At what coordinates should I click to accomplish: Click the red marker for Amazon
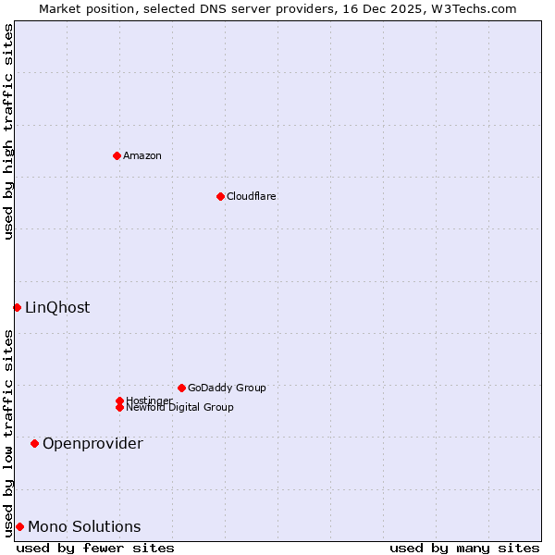coord(117,155)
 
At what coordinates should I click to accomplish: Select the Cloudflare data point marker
coord(220,196)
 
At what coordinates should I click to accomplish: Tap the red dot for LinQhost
coord(17,307)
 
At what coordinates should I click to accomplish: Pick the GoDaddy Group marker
coord(181,388)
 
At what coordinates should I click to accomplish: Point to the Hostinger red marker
coord(119,401)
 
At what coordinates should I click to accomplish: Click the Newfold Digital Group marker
coord(119,407)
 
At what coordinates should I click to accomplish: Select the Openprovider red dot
coord(34,443)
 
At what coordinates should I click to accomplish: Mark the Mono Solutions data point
coord(19,526)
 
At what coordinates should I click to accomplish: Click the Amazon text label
coord(142,155)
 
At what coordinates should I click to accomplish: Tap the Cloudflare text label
coord(252,196)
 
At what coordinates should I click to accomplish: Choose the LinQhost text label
coord(57,307)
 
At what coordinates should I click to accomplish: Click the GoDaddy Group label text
coord(227,388)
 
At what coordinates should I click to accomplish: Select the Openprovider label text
coord(92,443)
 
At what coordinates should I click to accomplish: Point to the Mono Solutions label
coord(84,526)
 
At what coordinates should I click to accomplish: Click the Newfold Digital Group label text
coord(179,407)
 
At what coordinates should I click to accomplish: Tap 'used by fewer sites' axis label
coord(95,548)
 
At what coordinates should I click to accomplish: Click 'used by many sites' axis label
coord(464,548)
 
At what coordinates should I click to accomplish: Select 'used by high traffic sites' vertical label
coord(8,131)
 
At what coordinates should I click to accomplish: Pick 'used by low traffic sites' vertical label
coord(8,432)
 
